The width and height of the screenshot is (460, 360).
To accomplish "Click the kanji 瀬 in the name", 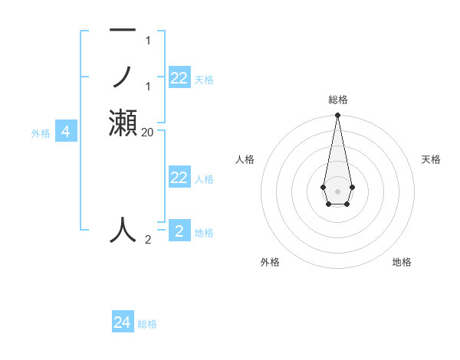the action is [x=123, y=123].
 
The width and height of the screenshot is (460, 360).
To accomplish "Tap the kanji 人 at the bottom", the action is [x=123, y=230].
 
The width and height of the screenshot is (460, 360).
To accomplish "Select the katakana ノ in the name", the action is [x=123, y=77].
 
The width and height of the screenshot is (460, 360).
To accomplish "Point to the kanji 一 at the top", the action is [x=123, y=31].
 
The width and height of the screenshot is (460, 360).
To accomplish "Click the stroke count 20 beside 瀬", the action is [x=148, y=132].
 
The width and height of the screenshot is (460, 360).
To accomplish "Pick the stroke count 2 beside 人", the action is [x=148, y=240].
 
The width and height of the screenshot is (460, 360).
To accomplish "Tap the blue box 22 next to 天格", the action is [x=179, y=78].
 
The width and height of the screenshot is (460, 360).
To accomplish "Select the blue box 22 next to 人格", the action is [x=179, y=178].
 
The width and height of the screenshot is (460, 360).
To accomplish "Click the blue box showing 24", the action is [x=123, y=322].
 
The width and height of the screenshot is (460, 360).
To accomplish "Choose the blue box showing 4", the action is [x=66, y=132].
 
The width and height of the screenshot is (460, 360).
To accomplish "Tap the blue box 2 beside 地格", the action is [x=179, y=231].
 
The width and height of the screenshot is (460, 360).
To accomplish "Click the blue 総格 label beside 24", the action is [x=147, y=324].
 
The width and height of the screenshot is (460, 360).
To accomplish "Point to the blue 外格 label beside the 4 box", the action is [x=41, y=133].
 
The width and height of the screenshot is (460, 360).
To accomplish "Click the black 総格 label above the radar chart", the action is [x=337, y=100].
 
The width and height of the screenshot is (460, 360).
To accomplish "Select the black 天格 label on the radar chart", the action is [x=431, y=159].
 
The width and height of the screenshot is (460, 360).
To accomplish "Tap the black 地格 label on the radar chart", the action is [x=402, y=262].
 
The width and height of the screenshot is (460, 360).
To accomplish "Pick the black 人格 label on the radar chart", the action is [x=245, y=159].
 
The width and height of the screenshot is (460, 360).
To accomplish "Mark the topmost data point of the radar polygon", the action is [x=337, y=116].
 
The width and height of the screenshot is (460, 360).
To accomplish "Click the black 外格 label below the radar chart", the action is [x=270, y=262].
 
